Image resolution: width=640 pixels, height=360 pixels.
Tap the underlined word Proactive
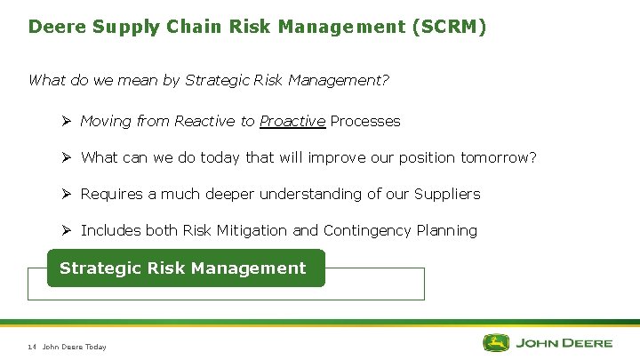coord(292,121)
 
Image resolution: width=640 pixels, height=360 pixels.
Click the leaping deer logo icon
coord(497,342)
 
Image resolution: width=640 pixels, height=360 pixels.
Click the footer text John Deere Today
coord(75,347)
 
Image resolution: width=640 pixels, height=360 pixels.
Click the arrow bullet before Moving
coord(67,121)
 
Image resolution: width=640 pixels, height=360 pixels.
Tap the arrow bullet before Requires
coord(67,194)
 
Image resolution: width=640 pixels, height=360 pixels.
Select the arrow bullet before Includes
coord(67,230)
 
